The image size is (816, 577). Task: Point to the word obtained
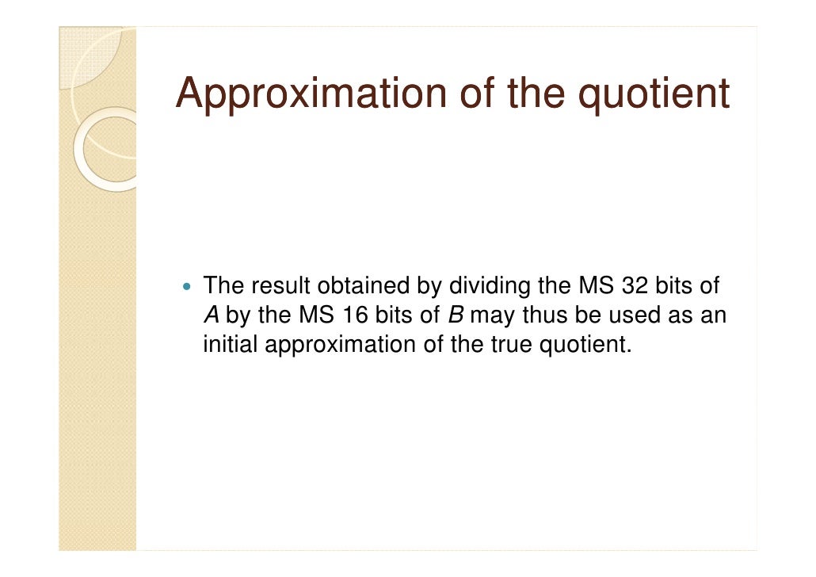pos(360,285)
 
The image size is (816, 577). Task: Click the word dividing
pos(486,285)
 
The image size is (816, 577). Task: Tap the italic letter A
pos(212,315)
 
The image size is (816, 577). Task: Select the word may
pos(492,315)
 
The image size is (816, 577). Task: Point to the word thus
pos(546,315)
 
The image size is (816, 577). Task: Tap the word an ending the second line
pos(712,315)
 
